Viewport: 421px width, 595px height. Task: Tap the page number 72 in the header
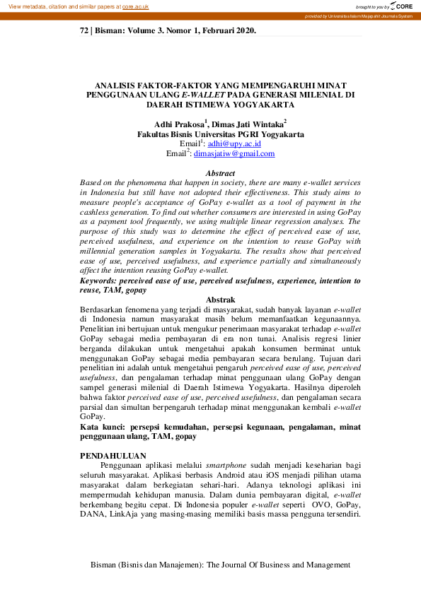pos(84,31)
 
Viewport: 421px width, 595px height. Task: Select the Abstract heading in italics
pos(219,173)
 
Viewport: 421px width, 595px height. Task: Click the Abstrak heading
pos(219,300)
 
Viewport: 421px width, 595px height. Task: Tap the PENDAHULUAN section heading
pos(113,456)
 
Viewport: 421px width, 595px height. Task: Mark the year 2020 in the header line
pos(243,31)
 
